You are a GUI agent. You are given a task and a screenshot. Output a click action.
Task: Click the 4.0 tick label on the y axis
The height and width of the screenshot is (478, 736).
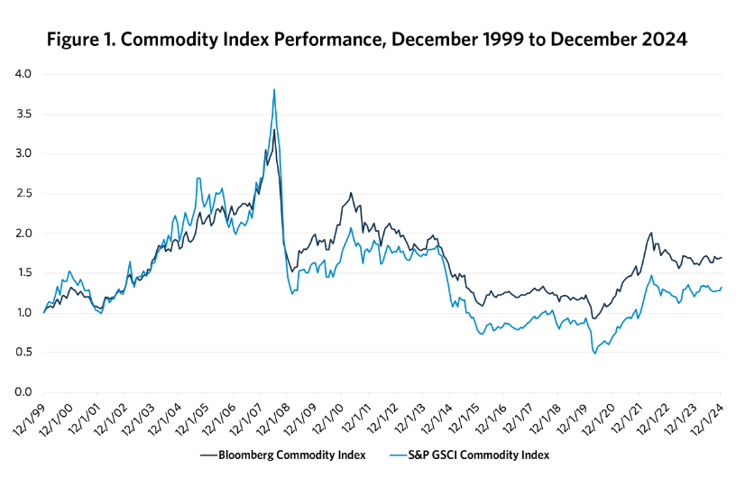(22, 74)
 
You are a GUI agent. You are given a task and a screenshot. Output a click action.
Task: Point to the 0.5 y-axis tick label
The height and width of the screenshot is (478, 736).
(22, 353)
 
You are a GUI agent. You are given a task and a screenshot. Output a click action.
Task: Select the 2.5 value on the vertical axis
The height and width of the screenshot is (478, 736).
(22, 193)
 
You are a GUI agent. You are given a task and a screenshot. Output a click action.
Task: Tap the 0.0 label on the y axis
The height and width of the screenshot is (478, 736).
(22, 392)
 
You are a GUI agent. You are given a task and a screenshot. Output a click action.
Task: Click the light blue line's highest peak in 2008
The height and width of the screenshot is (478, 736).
(274, 89)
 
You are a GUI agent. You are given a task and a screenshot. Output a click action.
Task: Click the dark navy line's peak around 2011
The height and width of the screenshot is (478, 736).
(351, 193)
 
